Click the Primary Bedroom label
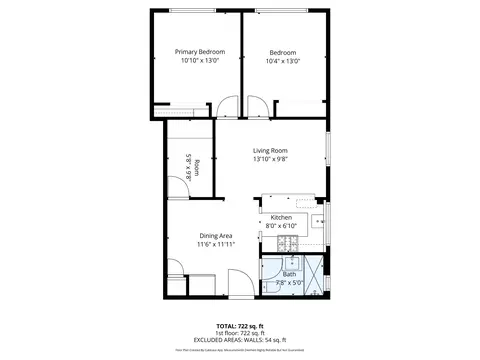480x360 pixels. click(200, 52)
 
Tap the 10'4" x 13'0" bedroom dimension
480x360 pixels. click(284, 61)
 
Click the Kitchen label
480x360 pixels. click(281, 217)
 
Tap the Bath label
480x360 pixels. click(289, 274)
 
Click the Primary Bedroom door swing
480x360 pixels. click(229, 106)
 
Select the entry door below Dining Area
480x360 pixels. click(240, 283)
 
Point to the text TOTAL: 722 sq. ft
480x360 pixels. click(240, 326)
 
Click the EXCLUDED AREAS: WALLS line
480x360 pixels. click(240, 340)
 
